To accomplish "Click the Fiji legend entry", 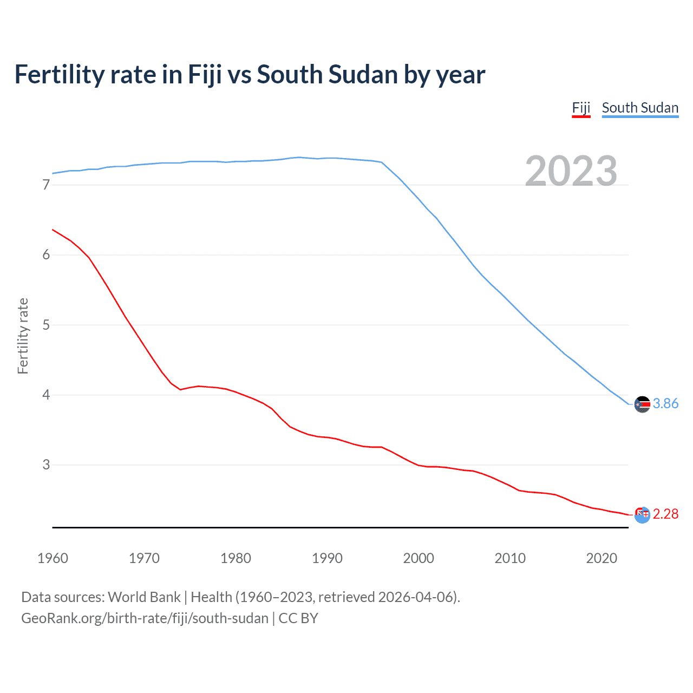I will (581, 108).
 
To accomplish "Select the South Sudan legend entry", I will (640, 108).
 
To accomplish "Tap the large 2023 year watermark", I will (571, 171).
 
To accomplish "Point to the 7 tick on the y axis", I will (46, 185).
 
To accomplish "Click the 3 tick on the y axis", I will (46, 465).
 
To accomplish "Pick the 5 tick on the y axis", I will (46, 325).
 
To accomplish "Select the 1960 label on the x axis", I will (53, 558).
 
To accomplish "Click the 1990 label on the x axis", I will (327, 558).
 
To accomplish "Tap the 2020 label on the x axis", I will (602, 558).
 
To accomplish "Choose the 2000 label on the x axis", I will (419, 558).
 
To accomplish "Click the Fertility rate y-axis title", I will (23, 336).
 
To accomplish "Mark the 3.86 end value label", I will (665, 404).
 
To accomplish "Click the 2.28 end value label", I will (665, 514).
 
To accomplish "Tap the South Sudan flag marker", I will (642, 404).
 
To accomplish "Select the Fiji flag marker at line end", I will (642, 515).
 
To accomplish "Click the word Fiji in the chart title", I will (205, 75).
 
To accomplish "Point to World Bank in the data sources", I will (144, 597).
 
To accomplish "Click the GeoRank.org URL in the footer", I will (145, 618).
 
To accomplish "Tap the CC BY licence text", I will (298, 618).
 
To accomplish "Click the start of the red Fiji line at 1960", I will (53, 230).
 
